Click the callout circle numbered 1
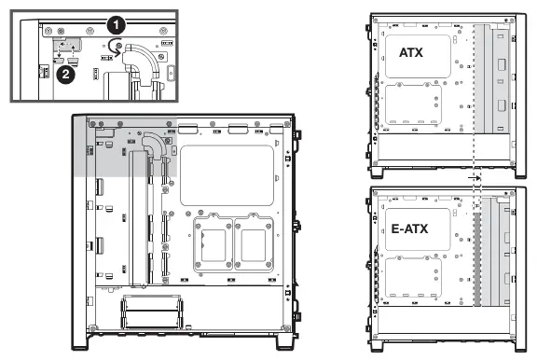tap(117, 25)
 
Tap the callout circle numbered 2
tap(66, 74)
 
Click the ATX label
tap(411, 52)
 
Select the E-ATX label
tap(409, 228)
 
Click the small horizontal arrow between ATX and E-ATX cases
tap(475, 178)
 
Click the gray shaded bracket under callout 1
tap(67, 45)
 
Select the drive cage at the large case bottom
tap(152, 312)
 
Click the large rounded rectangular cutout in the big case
tap(227, 175)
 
